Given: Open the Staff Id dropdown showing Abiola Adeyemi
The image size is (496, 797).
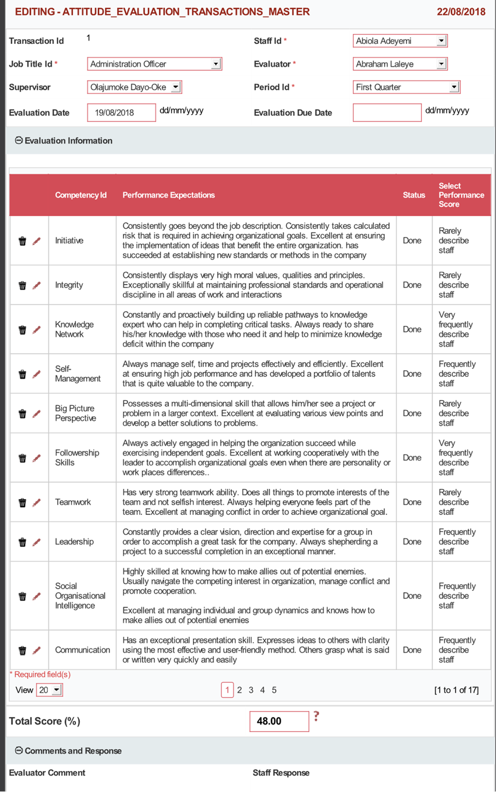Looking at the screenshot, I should coord(400,41).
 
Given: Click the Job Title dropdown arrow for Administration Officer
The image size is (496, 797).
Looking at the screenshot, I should coord(215,64).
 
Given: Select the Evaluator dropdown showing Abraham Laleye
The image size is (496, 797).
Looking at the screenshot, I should coord(400,64).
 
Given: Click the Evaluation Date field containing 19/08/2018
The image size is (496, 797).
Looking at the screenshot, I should coord(121,113).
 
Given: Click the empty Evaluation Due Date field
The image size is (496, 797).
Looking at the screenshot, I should coord(387,113).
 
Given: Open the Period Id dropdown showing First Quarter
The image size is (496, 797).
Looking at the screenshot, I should coord(407,87).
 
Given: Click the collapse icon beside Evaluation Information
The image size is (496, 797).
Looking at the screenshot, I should coord(19,141).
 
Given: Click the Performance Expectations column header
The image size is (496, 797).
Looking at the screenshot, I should coord(169,195).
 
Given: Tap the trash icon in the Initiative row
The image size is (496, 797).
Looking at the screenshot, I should coord(22,241).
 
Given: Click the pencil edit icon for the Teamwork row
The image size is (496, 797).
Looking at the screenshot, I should coord(36,503).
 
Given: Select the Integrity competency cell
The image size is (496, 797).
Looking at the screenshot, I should coord(69,285).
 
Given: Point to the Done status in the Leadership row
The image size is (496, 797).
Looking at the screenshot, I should coord(412,542).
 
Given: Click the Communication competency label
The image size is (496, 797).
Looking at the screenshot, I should coord(82,650).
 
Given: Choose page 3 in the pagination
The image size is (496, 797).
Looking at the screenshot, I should coord(251,690).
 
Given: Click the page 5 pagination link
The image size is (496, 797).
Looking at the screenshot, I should coord(274,690).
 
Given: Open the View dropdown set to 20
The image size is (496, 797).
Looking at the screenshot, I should coord(49,690).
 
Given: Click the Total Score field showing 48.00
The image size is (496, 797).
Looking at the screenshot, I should coord(279,721).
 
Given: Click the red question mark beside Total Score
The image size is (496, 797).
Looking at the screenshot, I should coord(316,716).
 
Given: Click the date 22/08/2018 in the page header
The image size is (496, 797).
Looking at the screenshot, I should coord(461,12).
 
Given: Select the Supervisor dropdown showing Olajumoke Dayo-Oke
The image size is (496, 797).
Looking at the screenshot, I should coord(134,87).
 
